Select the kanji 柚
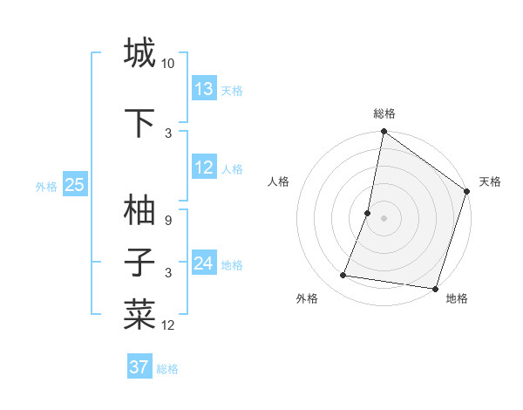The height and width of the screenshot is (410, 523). point(139,209)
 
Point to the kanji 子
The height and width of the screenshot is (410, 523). point(139,263)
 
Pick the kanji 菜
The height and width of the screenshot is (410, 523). point(139,314)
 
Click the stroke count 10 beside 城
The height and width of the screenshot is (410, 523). point(168,64)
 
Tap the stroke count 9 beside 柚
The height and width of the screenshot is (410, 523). point(168,221)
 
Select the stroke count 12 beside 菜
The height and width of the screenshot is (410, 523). point(168,325)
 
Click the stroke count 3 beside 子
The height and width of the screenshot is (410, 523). point(168,273)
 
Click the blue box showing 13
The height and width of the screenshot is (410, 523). point(204,89)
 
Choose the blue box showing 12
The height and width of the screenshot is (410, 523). point(204,167)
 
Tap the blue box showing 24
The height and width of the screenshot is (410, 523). point(204,263)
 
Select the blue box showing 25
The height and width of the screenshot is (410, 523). point(74,184)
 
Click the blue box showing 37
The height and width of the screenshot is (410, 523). point(139,367)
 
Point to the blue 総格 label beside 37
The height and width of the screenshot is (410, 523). point(167,369)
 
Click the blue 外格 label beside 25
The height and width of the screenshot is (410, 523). point(46,186)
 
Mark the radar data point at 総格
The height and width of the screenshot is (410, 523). point(384,132)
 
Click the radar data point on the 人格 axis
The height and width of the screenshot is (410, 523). point(368,213)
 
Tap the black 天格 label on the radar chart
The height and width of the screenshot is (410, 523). point(490,181)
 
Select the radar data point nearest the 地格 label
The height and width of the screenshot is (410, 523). point(434,288)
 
